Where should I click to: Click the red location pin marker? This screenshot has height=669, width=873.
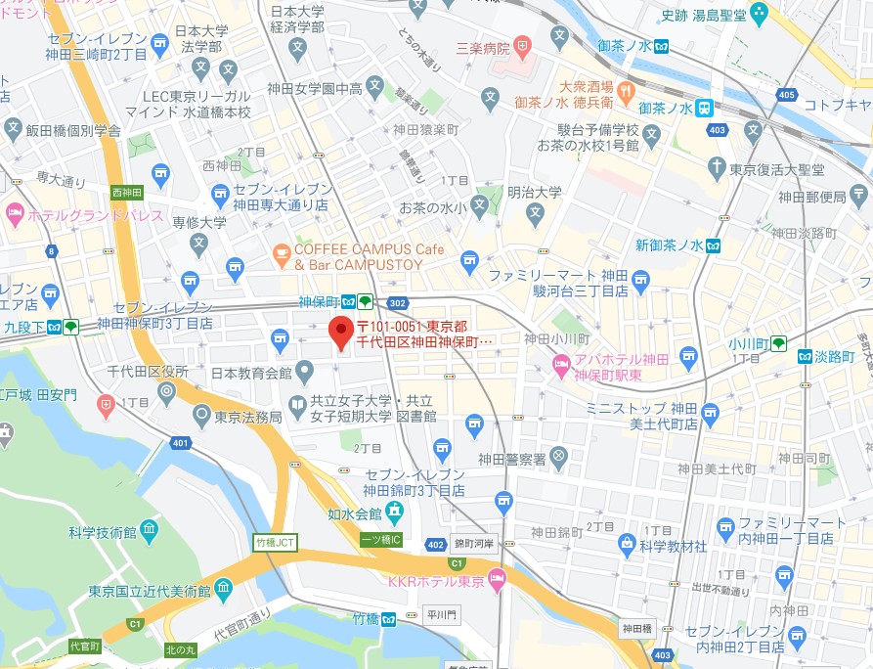340,332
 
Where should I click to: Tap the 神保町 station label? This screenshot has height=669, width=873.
319,302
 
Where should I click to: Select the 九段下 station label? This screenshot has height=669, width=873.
24,327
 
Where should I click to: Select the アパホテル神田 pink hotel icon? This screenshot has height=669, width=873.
561,366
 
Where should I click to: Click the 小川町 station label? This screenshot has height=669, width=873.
746,342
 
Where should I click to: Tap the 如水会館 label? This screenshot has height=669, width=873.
353,513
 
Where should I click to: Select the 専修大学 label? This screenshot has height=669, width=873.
198,223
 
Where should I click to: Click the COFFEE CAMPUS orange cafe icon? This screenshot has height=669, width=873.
282,256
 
